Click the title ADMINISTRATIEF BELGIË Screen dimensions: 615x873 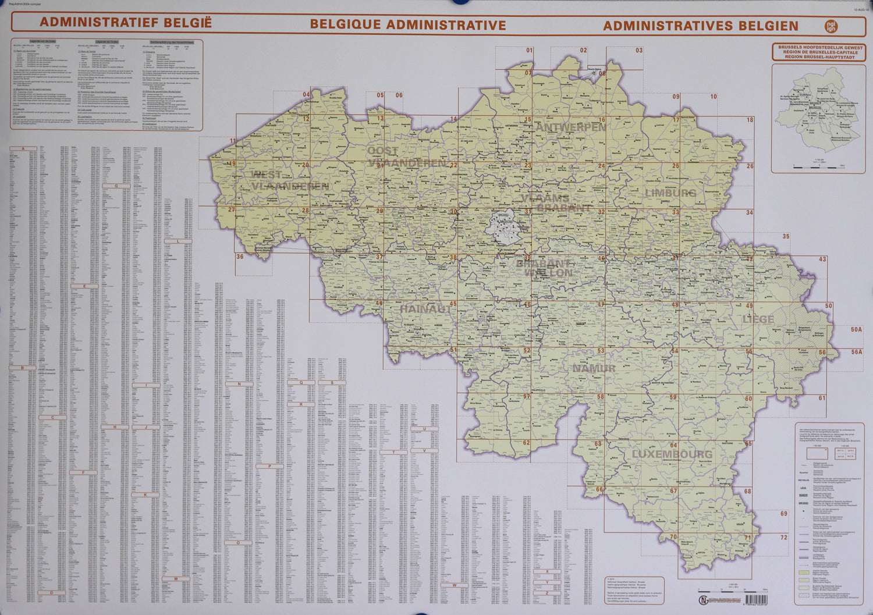click(126, 23)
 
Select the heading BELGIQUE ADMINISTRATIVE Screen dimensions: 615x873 click(407, 24)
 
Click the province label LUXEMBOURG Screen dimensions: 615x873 click(672, 454)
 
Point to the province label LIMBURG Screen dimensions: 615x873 click(670, 193)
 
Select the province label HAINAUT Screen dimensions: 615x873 click(426, 309)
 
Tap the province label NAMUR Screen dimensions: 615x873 click(594, 368)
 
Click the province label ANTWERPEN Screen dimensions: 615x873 click(570, 127)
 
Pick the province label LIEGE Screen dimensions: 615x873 click(758, 319)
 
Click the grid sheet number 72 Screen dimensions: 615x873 click(783, 537)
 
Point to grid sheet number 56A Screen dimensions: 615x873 click(856, 352)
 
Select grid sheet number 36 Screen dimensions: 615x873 click(240, 256)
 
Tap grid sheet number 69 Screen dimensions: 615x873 click(783, 513)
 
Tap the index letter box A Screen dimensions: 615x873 click(23, 149)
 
